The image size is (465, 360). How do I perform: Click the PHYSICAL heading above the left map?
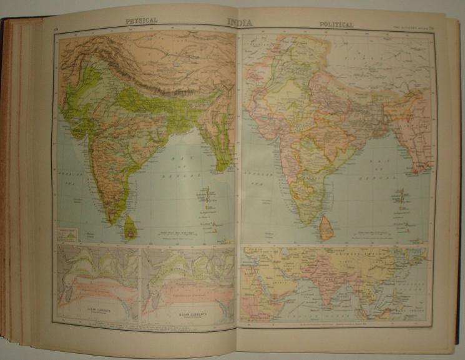coord(141,21)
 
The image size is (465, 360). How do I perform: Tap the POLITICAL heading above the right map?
coord(336,24)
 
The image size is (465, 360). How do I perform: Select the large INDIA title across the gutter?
coord(240,22)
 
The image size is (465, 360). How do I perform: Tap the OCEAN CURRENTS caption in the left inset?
coord(97,308)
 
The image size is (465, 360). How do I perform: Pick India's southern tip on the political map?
coord(307,223)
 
